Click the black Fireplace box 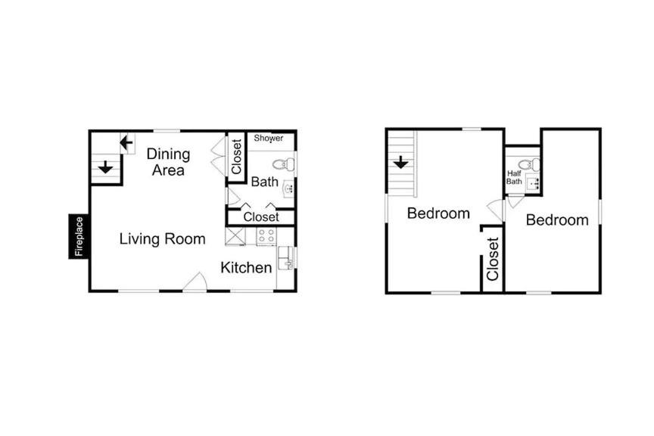[79, 236]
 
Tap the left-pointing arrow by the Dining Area [126, 143]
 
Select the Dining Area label [168, 162]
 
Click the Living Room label [162, 238]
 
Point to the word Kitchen [246, 267]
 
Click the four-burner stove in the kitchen [266, 236]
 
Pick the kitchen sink [286, 258]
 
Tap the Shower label [269, 138]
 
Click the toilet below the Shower [284, 164]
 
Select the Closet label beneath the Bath [261, 217]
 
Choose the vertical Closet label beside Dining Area [236, 157]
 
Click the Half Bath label [514, 177]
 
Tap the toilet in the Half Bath [529, 164]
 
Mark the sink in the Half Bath [533, 184]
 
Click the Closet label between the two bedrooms [493, 259]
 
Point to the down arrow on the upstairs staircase [401, 162]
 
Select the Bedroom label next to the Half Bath [557, 220]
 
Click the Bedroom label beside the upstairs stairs [438, 213]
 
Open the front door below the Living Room [195, 282]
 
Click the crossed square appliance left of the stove [235, 237]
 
